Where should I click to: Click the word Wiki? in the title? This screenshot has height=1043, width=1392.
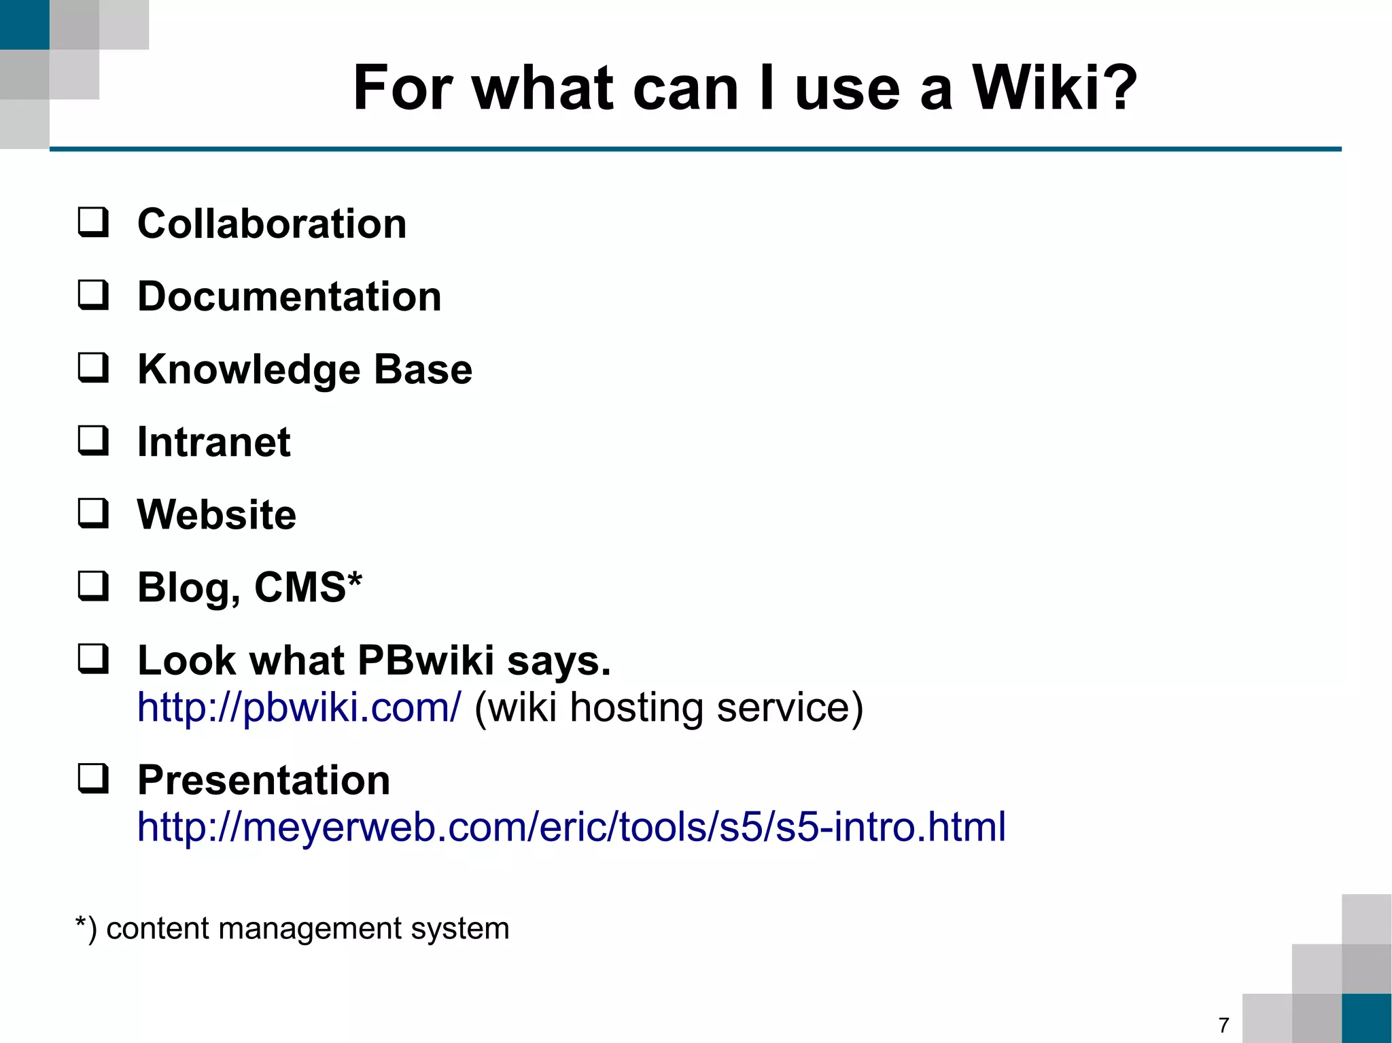(1054, 88)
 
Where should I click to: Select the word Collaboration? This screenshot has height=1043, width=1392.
(272, 224)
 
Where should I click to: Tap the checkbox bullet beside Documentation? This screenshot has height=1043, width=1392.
(93, 296)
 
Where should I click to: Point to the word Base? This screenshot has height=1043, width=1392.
(423, 370)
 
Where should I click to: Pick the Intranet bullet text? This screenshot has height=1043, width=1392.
(213, 442)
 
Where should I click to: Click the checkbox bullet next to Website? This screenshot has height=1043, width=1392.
(93, 514)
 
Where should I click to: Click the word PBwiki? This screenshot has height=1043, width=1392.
(425, 660)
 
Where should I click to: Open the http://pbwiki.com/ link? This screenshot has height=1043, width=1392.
(299, 707)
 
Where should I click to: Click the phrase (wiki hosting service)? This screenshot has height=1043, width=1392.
(669, 707)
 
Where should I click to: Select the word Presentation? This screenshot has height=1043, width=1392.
(264, 780)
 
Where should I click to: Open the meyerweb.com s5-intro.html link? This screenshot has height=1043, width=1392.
(571, 827)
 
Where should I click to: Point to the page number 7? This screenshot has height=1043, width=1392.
(1223, 1025)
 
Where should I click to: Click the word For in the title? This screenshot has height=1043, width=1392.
(403, 88)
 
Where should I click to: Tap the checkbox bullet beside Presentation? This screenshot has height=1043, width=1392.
(93, 779)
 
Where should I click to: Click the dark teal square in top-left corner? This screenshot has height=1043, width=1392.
(24, 24)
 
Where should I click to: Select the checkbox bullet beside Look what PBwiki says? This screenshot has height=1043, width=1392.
(93, 659)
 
